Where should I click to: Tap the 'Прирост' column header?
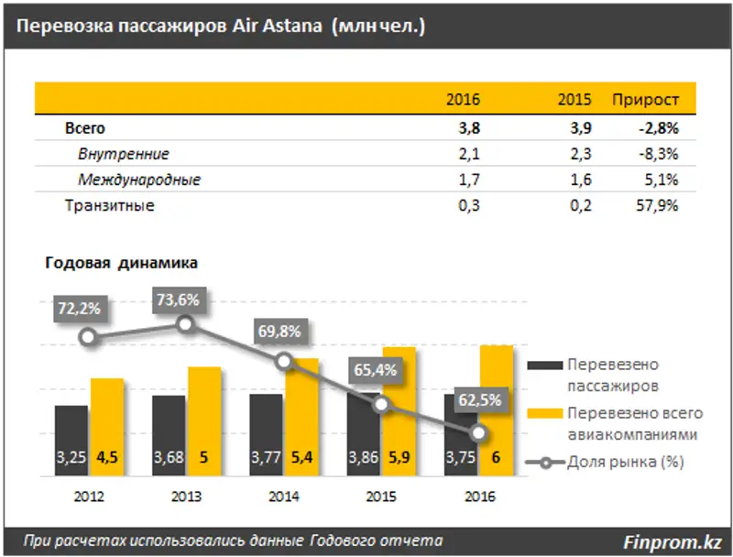645,100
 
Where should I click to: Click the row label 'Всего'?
85,128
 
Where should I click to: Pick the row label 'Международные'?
139,180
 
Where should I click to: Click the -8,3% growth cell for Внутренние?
657,155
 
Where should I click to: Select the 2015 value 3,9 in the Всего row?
581,128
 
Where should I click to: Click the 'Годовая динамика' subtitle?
121,263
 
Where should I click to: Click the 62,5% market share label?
478,399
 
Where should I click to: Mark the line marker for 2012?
88,337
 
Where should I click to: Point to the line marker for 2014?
284,362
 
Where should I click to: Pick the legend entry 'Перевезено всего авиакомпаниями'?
632,422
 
